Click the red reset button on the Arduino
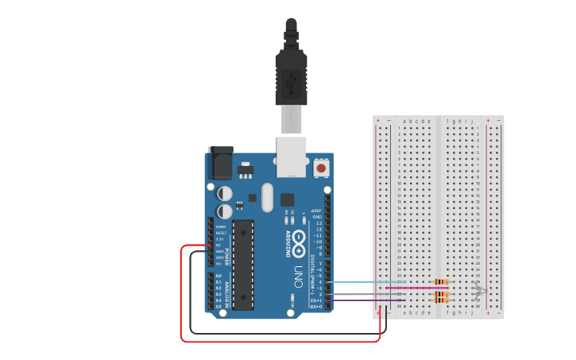(321, 168)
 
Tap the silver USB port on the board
(291, 156)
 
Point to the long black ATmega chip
(243, 265)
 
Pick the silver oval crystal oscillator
(266, 196)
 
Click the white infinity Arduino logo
(299, 243)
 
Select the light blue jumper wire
(365, 281)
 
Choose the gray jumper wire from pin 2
(365, 294)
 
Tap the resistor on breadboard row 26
(442, 281)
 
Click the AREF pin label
(316, 211)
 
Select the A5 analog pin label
(218, 306)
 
